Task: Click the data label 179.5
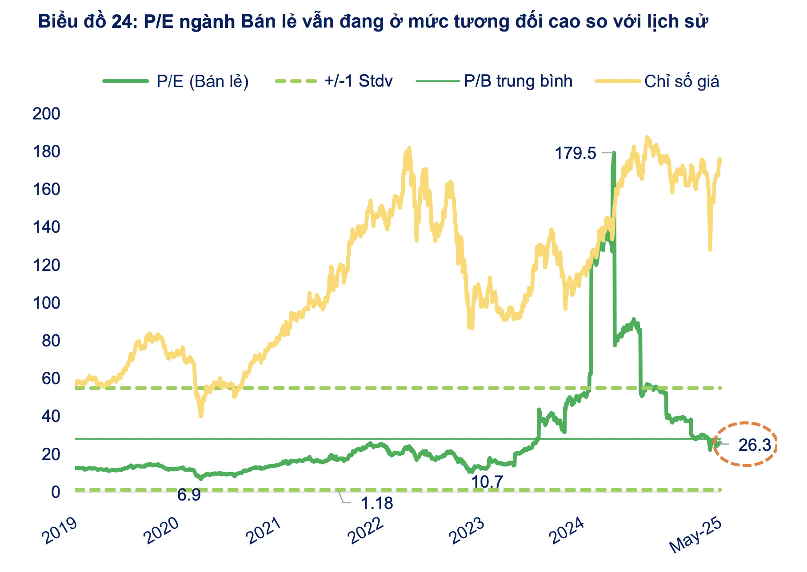tap(575, 153)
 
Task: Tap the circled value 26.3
tap(755, 445)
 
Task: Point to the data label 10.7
tap(487, 481)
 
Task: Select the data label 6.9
tap(189, 495)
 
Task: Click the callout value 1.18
tap(377, 503)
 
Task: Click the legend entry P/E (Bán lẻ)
tap(202, 81)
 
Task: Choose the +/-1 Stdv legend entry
tap(358, 81)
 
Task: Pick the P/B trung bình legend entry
tap(518, 81)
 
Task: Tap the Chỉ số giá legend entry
tap(681, 81)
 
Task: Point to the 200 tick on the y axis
tap(46, 114)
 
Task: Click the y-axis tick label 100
tap(46, 303)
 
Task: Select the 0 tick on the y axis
tap(55, 492)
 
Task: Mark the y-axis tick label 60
tap(51, 378)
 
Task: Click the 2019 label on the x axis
tap(60, 530)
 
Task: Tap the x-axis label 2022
tap(366, 530)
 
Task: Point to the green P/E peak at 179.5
tap(614, 153)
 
